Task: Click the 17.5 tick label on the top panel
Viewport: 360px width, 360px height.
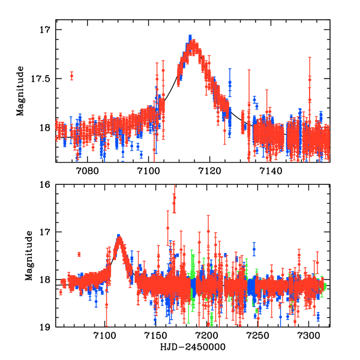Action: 44,79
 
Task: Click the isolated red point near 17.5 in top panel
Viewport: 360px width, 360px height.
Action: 71,76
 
